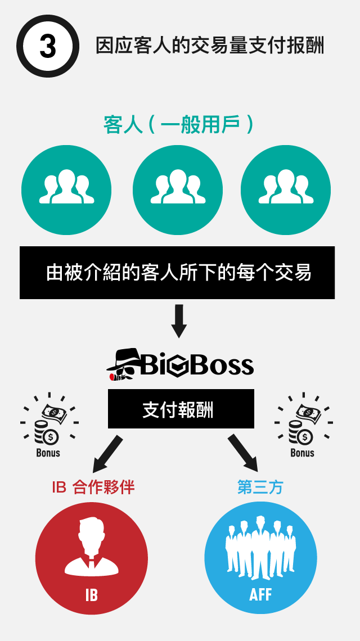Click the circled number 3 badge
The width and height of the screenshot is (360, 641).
click(x=48, y=46)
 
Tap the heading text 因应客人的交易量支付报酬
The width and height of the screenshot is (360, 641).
click(x=210, y=46)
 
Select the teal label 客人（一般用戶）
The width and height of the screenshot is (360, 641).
click(x=178, y=125)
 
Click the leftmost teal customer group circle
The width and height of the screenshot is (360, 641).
click(x=66, y=190)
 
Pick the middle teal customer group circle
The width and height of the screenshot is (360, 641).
click(x=178, y=190)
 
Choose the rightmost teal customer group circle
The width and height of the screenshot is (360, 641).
click(x=286, y=190)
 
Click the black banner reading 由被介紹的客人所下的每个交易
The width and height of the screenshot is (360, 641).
click(x=177, y=273)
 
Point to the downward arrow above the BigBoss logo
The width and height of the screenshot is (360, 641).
click(x=179, y=320)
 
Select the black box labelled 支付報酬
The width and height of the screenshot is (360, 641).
click(x=181, y=409)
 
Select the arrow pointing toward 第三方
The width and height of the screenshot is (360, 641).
click(x=244, y=453)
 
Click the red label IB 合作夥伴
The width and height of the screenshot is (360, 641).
click(x=93, y=487)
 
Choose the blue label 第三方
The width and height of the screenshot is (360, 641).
click(x=260, y=487)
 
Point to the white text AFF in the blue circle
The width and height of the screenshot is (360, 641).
click(x=260, y=594)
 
